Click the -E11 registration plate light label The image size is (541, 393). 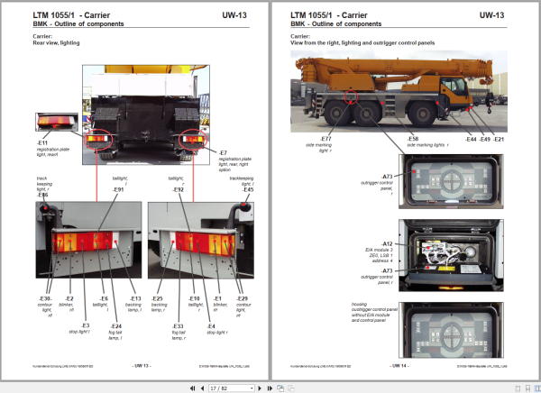coord(42,142)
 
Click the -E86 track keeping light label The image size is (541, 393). coord(42,194)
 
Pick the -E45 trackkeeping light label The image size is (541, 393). coord(248,189)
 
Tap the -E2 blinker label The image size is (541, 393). coord(69,298)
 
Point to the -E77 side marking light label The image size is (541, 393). coord(326,139)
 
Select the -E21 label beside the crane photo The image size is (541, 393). coord(499,139)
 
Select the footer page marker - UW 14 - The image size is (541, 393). coord(404,366)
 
